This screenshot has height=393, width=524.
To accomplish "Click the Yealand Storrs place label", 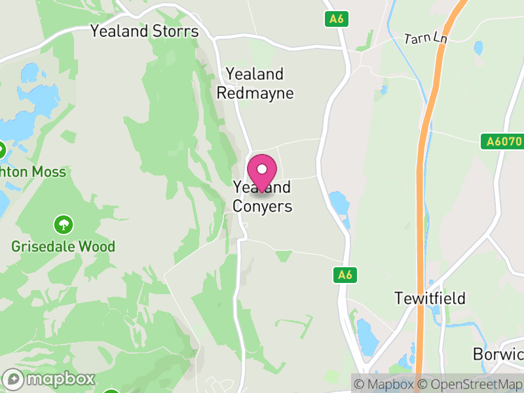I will click(144, 31).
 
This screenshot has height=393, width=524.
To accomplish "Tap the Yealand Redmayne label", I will click(255, 83).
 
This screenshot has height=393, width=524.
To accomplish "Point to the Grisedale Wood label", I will click(63, 247).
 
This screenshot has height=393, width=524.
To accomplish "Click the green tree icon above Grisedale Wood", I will click(64, 225).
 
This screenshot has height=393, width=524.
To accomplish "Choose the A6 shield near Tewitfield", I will click(345, 275).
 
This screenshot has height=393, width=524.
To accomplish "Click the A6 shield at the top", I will click(336, 20).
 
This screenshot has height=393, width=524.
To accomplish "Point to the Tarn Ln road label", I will click(426, 39).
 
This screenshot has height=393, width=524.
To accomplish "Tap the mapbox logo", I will click(49, 379).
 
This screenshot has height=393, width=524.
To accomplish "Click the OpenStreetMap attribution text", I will click(470, 384).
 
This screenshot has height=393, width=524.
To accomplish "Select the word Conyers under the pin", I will click(262, 206).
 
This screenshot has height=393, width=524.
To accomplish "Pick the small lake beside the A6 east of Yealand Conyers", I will click(339, 204).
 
